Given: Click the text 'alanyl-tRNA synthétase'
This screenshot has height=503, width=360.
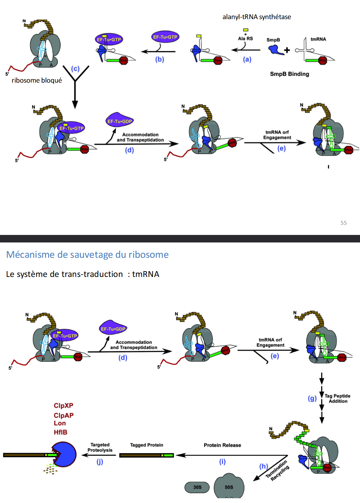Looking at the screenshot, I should [257, 17].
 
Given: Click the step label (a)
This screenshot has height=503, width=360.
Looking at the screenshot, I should [247, 59].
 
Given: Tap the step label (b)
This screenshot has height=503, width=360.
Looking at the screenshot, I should [160, 59].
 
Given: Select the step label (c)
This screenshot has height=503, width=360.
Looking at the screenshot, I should [75, 69].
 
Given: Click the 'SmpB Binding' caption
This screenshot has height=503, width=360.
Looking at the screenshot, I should [289, 74].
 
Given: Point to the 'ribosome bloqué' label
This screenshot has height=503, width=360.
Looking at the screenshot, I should [37, 81].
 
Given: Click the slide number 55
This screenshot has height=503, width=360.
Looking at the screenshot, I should [343, 223].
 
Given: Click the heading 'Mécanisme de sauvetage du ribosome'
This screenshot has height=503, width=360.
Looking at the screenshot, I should [87, 255].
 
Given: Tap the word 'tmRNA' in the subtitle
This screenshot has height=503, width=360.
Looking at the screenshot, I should [146, 274].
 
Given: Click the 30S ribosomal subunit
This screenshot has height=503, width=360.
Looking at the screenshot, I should [198, 487].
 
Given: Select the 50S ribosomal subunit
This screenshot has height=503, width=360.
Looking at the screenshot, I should [229, 487].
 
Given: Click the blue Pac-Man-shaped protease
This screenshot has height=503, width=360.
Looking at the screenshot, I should [64, 455].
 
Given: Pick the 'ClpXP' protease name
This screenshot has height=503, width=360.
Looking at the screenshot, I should [63, 406].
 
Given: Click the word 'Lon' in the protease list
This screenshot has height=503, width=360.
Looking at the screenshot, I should [60, 423].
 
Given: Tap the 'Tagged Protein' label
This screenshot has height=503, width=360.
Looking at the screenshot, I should [147, 445].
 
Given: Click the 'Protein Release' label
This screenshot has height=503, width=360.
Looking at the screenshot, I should [222, 445].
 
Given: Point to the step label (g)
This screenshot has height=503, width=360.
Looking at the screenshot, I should [312, 399].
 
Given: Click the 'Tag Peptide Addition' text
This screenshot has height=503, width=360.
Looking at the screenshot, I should [337, 399].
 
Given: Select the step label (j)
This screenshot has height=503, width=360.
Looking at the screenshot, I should [100, 462].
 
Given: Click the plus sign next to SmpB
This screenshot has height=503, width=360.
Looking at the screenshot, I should [287, 50].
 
